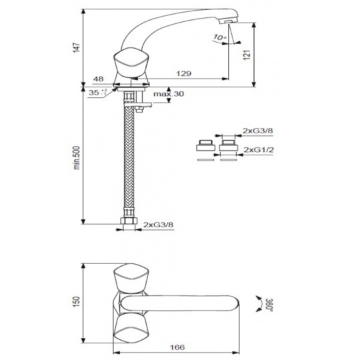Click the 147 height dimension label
77,47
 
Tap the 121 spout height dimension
247,55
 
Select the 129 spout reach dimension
184,73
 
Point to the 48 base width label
98,79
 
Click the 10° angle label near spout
220,37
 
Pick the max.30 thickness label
169,94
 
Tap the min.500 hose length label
77,158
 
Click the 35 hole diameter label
97,93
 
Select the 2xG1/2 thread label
259,150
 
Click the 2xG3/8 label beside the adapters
258,131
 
